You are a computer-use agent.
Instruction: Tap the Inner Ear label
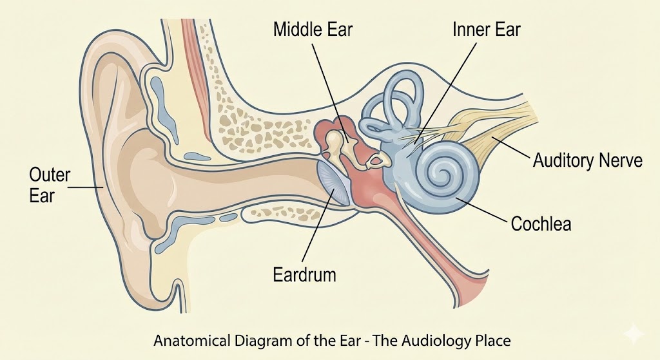486,30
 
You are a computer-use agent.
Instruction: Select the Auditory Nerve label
587,160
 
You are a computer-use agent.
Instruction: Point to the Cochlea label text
541,223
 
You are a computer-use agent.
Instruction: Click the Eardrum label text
305,275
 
